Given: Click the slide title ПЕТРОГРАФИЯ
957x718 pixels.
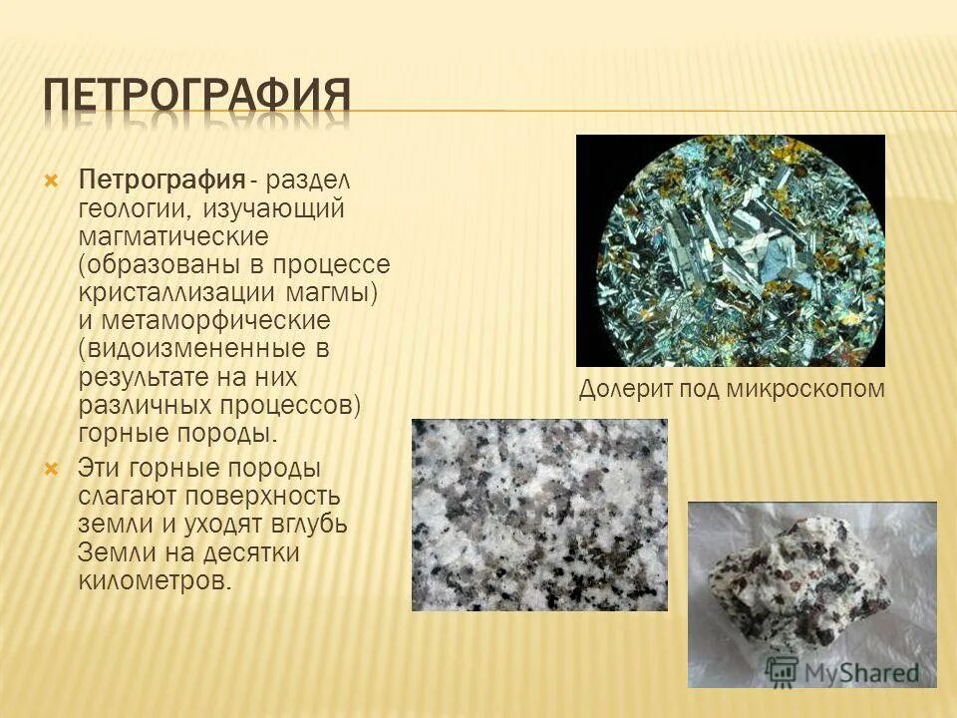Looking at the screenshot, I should (197, 98).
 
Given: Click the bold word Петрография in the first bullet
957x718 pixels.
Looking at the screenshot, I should (162, 181).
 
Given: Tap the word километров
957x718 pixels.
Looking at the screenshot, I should (153, 580).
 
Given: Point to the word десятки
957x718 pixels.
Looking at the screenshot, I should (252, 552).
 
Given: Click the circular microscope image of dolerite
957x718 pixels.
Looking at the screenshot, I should (730, 250).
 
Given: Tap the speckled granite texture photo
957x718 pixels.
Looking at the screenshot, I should (539, 515).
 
